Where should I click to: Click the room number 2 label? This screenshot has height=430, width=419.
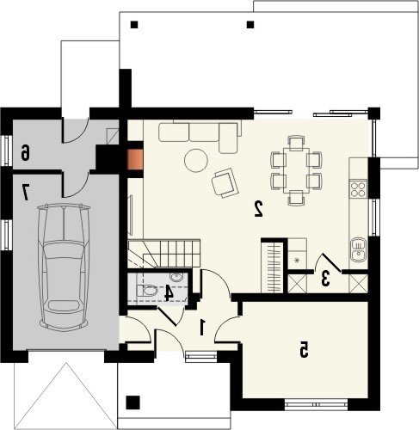(259, 209)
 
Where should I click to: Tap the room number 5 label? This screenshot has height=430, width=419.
(304, 349)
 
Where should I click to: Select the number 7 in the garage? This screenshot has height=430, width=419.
(26, 193)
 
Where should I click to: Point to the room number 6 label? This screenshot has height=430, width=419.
(25, 152)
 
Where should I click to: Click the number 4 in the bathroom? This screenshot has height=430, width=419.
(169, 293)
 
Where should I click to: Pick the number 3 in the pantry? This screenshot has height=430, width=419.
(324, 279)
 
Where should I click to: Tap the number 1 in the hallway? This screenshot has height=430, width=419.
(202, 328)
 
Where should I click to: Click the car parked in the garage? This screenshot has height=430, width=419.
(64, 266)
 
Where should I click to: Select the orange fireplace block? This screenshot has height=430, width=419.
(135, 160)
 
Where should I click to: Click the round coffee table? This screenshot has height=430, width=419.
(196, 161)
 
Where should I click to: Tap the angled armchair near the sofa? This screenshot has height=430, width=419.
(225, 183)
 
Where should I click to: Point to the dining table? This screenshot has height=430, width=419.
(296, 170)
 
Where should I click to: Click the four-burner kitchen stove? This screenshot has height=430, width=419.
(358, 188)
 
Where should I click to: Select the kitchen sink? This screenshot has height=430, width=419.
(358, 249)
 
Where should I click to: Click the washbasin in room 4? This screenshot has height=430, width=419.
(176, 277)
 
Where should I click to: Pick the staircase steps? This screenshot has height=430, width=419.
(164, 254)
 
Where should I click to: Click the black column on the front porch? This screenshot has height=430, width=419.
(132, 402)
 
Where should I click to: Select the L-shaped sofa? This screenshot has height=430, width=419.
(200, 135)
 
